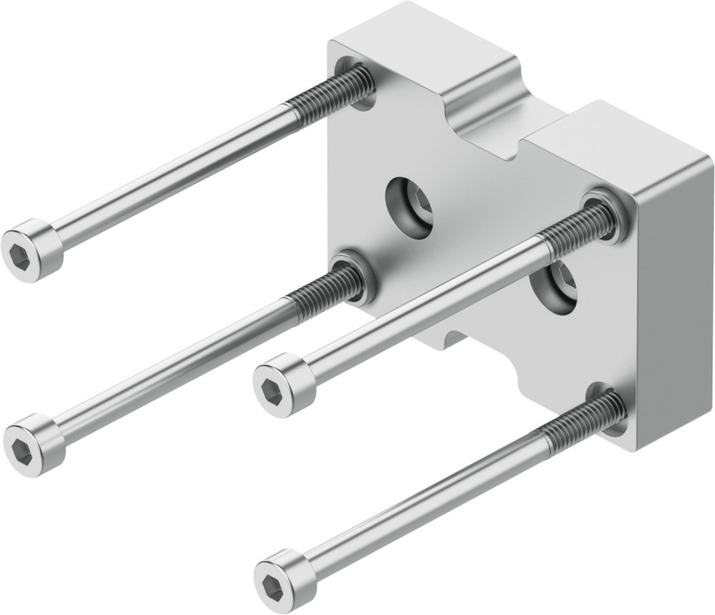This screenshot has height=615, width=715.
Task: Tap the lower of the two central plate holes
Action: [x=555, y=287]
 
